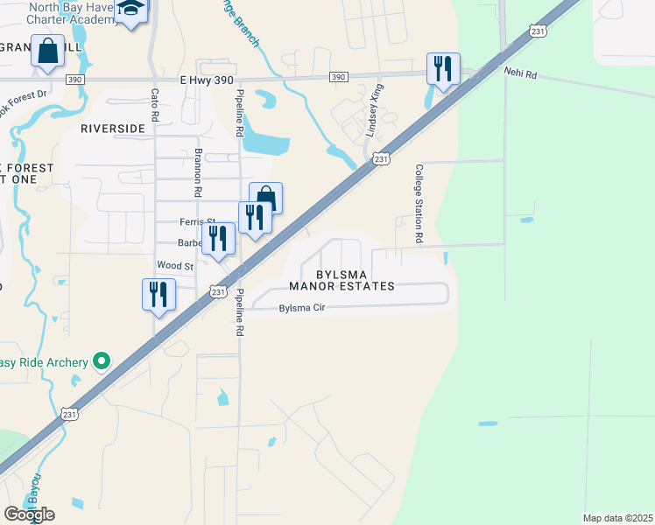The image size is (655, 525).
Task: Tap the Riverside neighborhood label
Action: tap(112, 128)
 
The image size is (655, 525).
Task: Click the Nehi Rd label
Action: tap(518, 72)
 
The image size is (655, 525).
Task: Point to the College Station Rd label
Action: tap(419, 203)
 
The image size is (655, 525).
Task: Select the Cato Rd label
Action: tap(155, 103)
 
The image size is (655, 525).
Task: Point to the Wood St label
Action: tap(174, 265)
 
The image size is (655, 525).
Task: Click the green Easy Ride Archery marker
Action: tap(102, 360)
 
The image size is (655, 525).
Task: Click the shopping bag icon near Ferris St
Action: tap(266, 198)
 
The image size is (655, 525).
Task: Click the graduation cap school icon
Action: tap(132, 9)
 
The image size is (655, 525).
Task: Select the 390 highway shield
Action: tap(338, 78)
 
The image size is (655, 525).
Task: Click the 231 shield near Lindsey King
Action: tap(378, 158)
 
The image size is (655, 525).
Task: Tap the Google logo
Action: tap(29, 514)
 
